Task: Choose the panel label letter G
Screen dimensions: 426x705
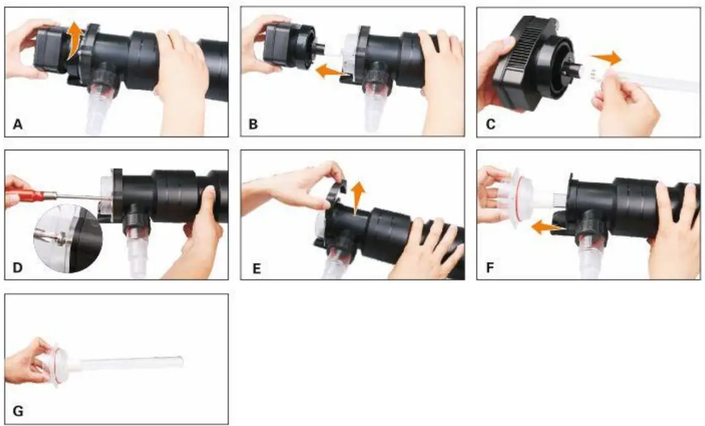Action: click(x=18, y=411)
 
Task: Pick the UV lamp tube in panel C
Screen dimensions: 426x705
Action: click(x=647, y=80)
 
